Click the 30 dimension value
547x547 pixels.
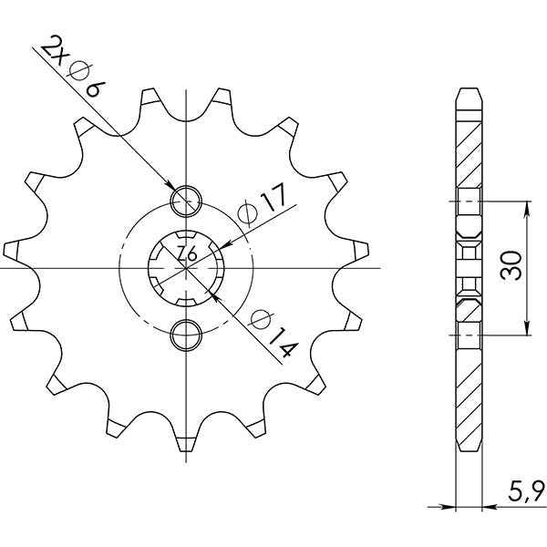point(511,266)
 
